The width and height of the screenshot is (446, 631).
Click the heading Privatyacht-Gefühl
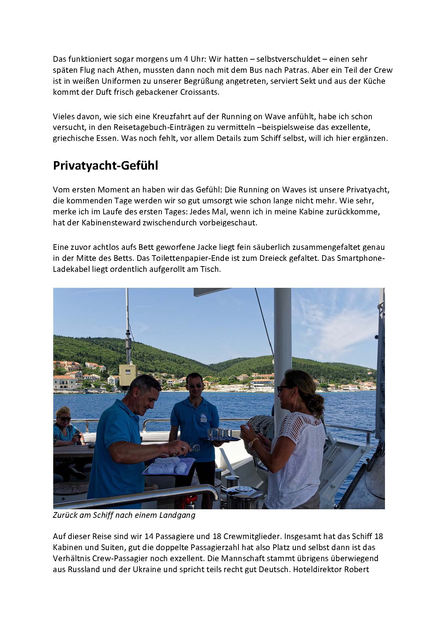click(105, 166)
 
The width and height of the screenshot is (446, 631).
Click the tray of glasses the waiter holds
click(219, 439)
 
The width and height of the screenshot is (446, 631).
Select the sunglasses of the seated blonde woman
click(65, 419)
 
